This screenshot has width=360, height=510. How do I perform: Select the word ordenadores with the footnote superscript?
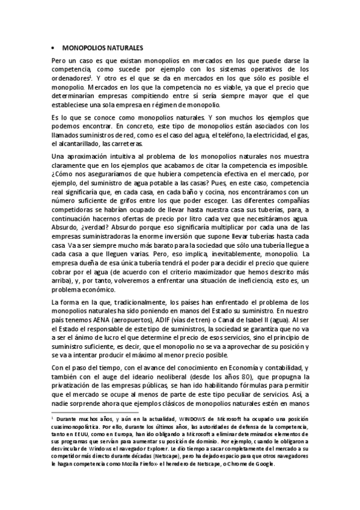pyautogui.click(x=73, y=78)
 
